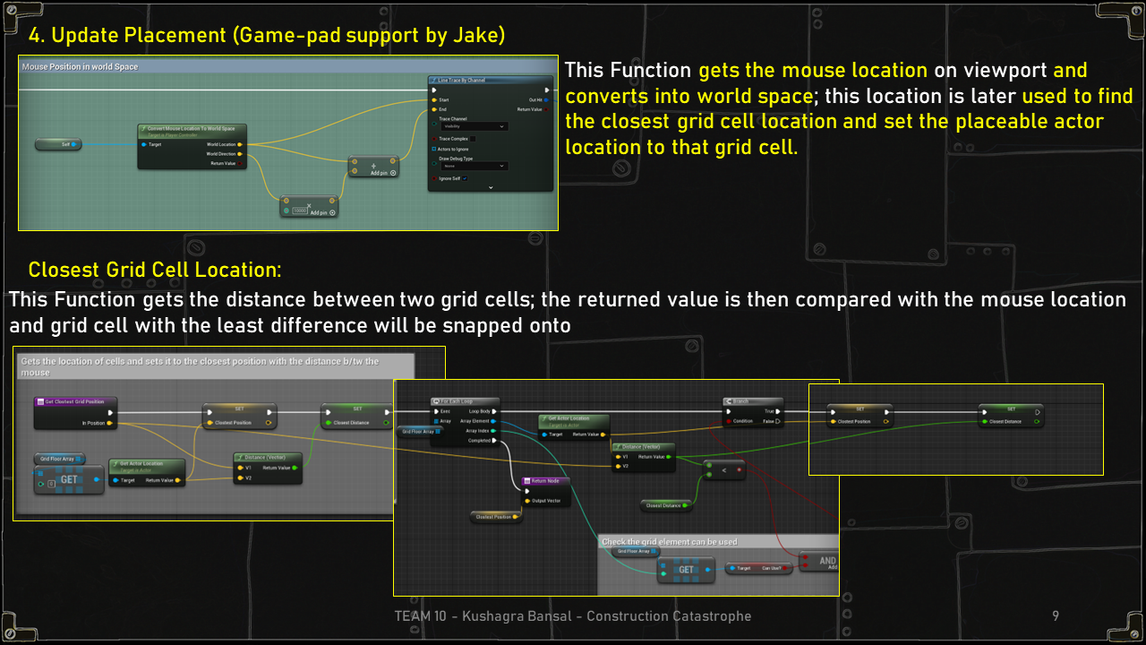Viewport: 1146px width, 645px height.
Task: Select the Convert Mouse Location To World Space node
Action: pyautogui.click(x=192, y=128)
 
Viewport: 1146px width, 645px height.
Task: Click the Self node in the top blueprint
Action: pyautogui.click(x=58, y=144)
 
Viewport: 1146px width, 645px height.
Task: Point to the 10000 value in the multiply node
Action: pyautogui.click(x=300, y=211)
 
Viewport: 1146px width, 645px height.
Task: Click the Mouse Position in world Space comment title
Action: pyautogui.click(x=80, y=67)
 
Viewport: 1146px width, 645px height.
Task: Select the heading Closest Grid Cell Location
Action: pyautogui.click(x=154, y=270)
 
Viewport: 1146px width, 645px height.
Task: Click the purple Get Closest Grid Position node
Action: pyautogui.click(x=75, y=401)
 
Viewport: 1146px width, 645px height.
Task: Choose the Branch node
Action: pyautogui.click(x=752, y=401)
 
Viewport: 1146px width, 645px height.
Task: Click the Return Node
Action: pyautogui.click(x=545, y=481)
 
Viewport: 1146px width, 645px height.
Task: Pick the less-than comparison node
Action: pyautogui.click(x=723, y=469)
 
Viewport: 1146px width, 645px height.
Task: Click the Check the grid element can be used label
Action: pyautogui.click(x=670, y=542)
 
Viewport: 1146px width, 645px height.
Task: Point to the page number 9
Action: pyautogui.click(x=1056, y=616)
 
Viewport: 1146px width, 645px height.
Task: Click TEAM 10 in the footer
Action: pyautogui.click(x=422, y=616)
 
